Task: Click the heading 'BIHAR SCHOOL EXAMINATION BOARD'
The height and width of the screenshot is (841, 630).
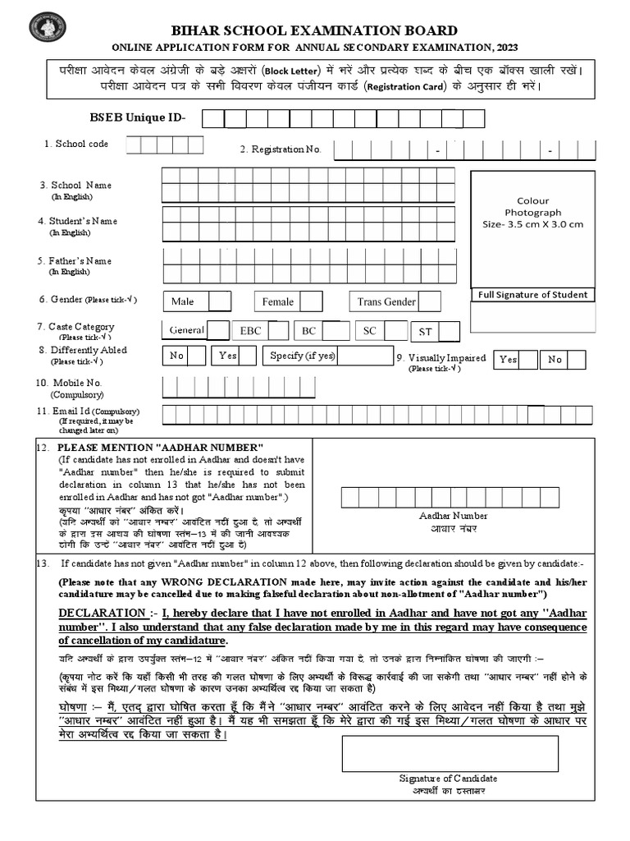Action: (x=315, y=30)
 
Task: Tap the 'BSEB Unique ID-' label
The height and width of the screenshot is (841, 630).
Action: (x=138, y=118)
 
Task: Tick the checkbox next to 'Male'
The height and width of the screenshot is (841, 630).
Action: (x=219, y=301)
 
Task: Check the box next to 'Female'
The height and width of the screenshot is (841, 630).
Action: (x=312, y=301)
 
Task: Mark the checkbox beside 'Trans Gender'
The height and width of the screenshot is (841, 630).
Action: (x=430, y=301)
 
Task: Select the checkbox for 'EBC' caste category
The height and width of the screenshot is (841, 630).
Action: (x=279, y=331)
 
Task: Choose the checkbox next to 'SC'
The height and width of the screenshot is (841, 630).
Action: (x=396, y=331)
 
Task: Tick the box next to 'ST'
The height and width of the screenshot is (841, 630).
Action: (x=450, y=332)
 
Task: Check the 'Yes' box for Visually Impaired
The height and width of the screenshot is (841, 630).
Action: (x=528, y=359)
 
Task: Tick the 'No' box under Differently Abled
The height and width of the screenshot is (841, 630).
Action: (x=196, y=356)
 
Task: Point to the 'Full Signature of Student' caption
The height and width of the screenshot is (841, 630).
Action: (x=532, y=295)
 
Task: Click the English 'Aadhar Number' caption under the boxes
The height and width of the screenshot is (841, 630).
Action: (x=453, y=516)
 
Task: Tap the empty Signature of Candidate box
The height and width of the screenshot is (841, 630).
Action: (x=448, y=753)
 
